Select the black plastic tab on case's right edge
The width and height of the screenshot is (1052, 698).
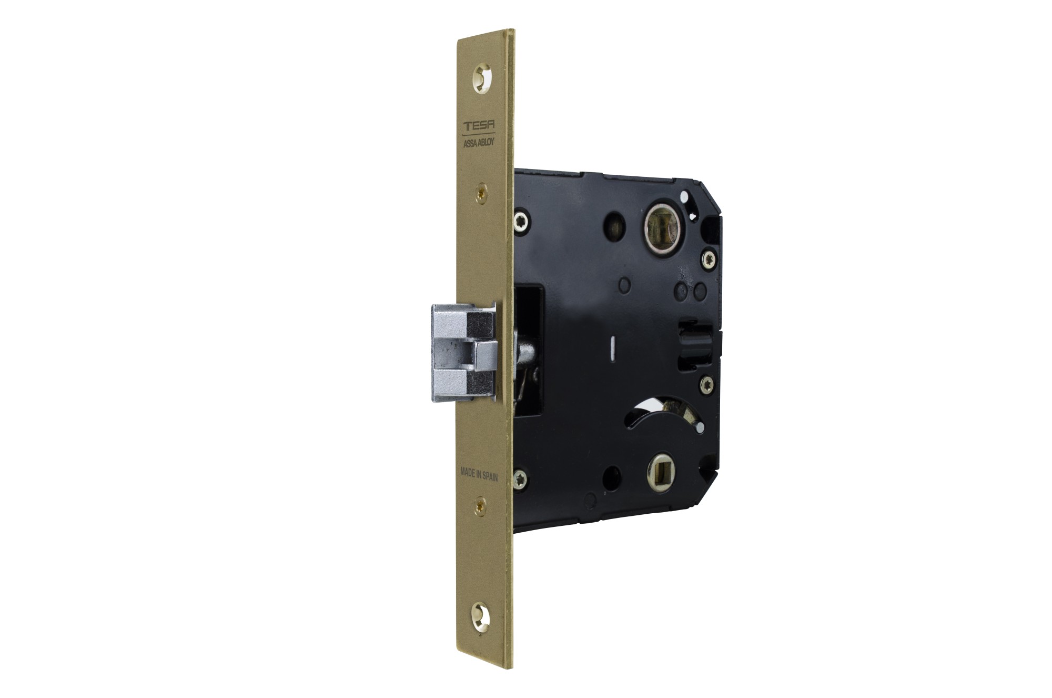pos(693,341)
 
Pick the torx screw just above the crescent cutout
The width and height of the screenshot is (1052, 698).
pos(707,383)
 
